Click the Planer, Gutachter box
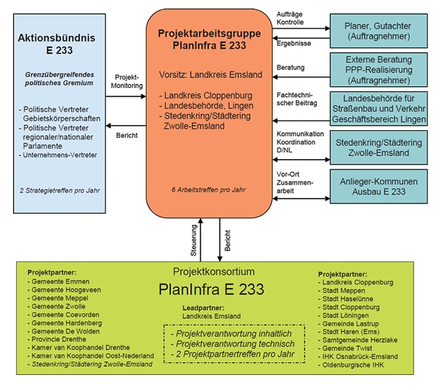(x=378, y=31)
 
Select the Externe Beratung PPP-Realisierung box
(x=378, y=69)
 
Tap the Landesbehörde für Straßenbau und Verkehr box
(x=378, y=109)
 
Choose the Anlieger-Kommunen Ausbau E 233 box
(x=378, y=186)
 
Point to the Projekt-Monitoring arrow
(x=126, y=96)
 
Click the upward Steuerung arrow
(x=200, y=239)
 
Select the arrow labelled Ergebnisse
(x=301, y=38)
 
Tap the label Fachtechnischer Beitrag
(x=297, y=99)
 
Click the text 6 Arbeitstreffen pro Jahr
(x=209, y=190)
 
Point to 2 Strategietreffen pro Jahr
(x=60, y=190)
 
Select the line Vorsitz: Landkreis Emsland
(x=211, y=75)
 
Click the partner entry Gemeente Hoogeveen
(x=64, y=290)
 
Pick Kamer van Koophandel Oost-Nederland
(x=90, y=355)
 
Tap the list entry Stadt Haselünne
(x=346, y=298)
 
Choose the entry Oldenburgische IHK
(x=351, y=365)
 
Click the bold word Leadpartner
(x=203, y=308)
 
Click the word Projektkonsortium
(x=213, y=272)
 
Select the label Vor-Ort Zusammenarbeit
(x=295, y=183)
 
